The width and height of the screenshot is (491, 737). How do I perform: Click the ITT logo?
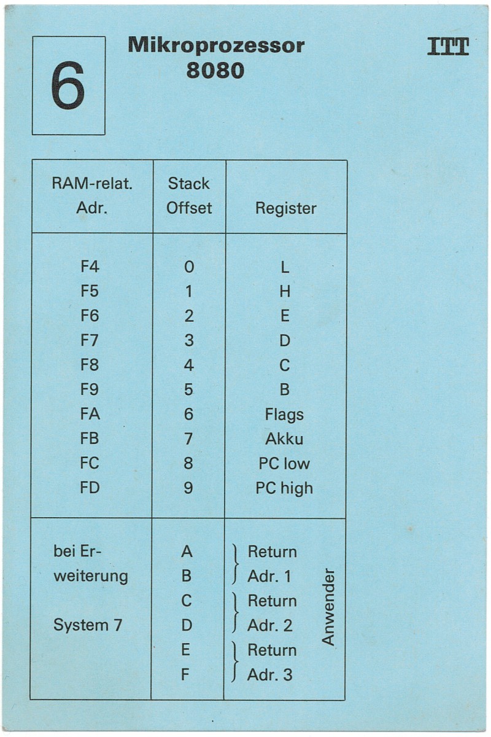coord(448,47)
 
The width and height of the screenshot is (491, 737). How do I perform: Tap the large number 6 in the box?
coord(68,86)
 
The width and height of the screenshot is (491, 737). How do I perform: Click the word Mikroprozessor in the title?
coord(216,45)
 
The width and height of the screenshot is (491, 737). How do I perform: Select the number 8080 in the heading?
coord(215,71)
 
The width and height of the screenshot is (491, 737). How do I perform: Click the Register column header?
coord(286,208)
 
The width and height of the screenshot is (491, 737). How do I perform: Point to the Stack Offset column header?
coord(189,195)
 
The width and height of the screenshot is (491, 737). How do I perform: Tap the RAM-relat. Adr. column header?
coord(91,195)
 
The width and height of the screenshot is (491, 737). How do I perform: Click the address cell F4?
coord(90,267)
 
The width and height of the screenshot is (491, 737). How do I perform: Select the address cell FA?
coord(90,415)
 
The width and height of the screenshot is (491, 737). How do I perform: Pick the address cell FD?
coord(90,488)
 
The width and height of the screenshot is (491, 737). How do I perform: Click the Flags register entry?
coord(284,415)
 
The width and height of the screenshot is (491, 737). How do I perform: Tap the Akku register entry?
coord(284,439)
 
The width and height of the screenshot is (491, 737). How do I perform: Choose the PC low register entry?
coord(284,464)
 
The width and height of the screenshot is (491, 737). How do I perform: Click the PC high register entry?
coord(284,488)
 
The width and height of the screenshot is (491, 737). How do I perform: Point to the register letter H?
coord(285,292)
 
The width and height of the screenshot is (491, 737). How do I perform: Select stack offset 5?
coord(188,390)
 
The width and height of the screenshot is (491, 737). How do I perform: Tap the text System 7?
coord(88,625)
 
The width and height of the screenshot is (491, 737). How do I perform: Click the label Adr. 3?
coord(269,675)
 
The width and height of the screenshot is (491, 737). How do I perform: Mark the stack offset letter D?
coord(187,625)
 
